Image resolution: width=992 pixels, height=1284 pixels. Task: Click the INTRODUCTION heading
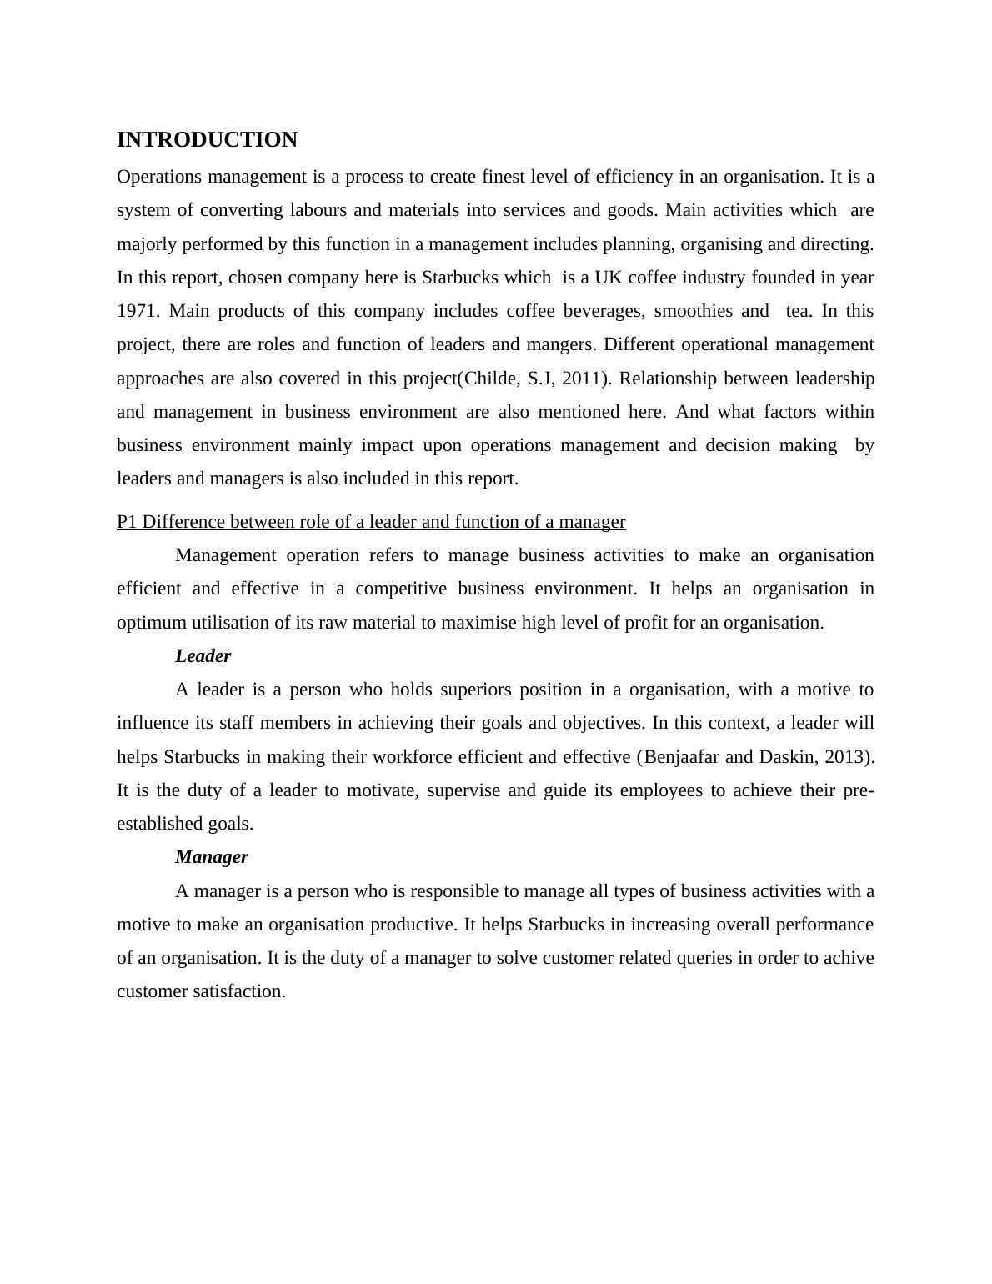tap(207, 140)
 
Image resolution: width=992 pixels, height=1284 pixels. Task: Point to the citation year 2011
tap(581, 379)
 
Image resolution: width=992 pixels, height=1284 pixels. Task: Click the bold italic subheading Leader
tap(203, 656)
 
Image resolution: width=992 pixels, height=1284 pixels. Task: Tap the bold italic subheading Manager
tap(212, 857)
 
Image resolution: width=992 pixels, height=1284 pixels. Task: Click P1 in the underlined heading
tap(128, 522)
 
